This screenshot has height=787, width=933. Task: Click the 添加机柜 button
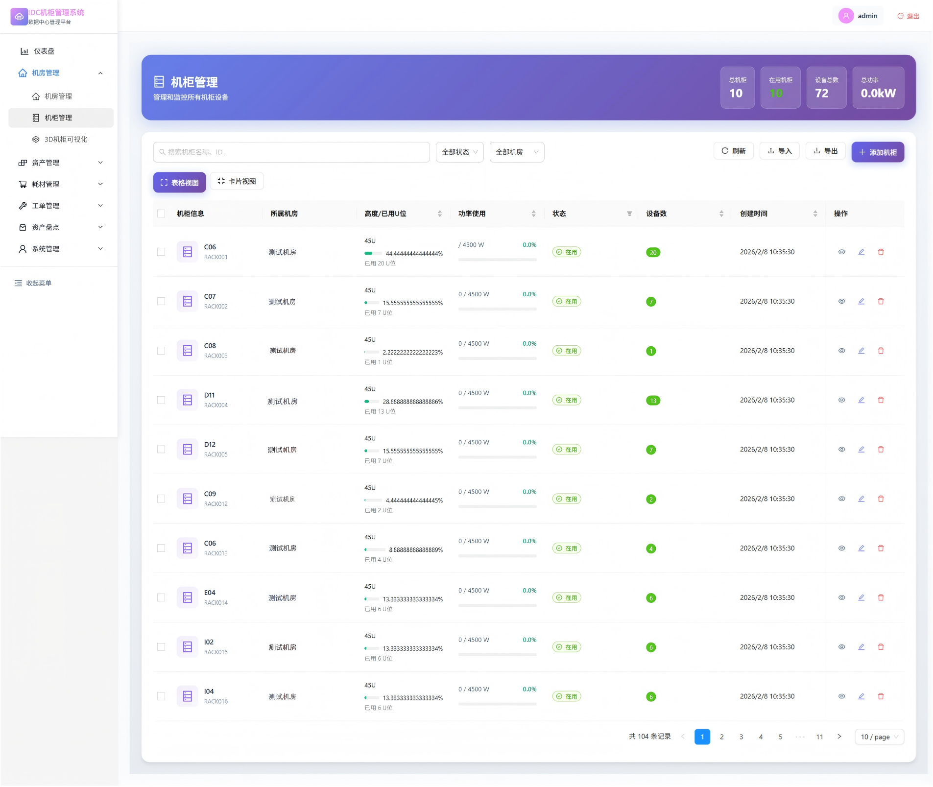pyautogui.click(x=877, y=152)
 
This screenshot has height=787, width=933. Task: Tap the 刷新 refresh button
pyautogui.click(x=733, y=151)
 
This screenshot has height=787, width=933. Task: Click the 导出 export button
pyautogui.click(x=825, y=151)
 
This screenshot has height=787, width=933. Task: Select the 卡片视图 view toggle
pyautogui.click(x=237, y=181)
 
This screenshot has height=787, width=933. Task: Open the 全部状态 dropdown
pyautogui.click(x=459, y=152)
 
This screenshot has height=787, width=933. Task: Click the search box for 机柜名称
pyautogui.click(x=291, y=152)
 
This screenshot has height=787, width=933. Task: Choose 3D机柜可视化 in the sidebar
pyautogui.click(x=61, y=140)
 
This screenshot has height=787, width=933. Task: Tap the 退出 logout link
pyautogui.click(x=908, y=16)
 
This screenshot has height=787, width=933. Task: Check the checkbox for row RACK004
pyautogui.click(x=161, y=400)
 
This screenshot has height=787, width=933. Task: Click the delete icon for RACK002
pyautogui.click(x=881, y=301)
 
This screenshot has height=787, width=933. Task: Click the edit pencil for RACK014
pyautogui.click(x=861, y=597)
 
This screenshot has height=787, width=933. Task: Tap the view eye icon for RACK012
pyautogui.click(x=841, y=499)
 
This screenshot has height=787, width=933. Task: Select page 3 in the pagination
pyautogui.click(x=741, y=737)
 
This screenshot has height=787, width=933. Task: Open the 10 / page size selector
pyautogui.click(x=879, y=737)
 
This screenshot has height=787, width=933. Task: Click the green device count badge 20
pyautogui.click(x=653, y=253)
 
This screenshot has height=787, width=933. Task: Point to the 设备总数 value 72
pyautogui.click(x=821, y=94)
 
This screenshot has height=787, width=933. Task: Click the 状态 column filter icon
pyautogui.click(x=629, y=214)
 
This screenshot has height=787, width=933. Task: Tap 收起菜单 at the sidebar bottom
pyautogui.click(x=33, y=283)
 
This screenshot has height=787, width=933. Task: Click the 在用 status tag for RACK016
pyautogui.click(x=567, y=696)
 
